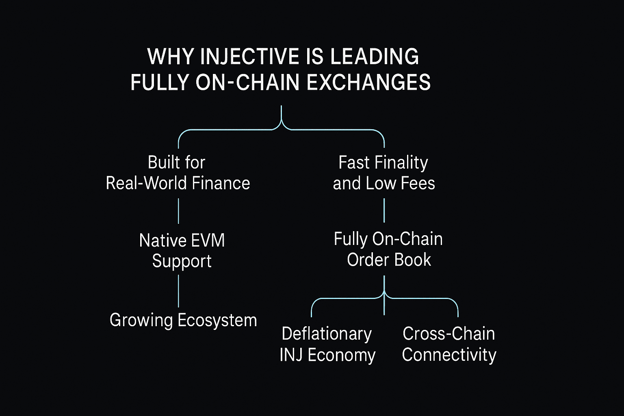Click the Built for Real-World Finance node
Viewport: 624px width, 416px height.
tap(178, 173)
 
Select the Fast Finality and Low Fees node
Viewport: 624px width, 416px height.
tap(384, 173)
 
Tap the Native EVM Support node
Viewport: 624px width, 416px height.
tap(182, 250)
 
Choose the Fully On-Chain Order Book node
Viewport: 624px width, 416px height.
tap(388, 249)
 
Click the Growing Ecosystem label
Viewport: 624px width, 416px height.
tap(183, 320)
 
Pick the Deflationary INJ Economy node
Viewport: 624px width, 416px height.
tap(327, 344)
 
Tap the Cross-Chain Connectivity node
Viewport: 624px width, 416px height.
tap(449, 344)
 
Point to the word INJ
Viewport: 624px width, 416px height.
tap(291, 355)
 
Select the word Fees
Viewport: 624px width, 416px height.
tap(418, 183)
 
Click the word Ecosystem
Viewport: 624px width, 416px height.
tap(217, 320)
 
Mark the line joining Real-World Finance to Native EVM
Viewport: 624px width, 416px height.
tap(178, 211)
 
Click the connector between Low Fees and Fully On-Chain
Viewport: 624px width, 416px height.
tap(384, 211)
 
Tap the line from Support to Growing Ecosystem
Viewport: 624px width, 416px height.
tap(178, 290)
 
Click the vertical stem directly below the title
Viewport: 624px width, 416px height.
tap(281, 114)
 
